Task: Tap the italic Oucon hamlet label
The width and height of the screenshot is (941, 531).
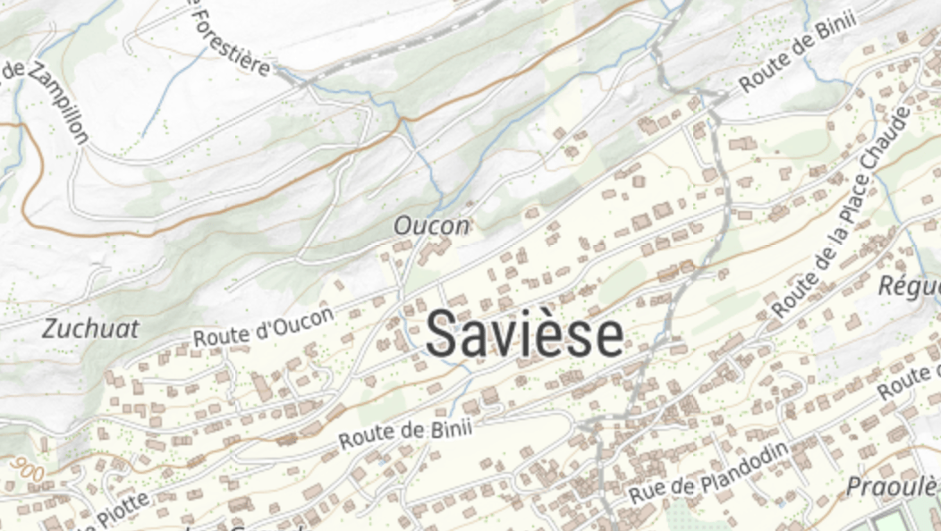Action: (x=432, y=226)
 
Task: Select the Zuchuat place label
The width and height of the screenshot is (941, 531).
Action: (x=90, y=329)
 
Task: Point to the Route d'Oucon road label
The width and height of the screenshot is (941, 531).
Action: (x=264, y=327)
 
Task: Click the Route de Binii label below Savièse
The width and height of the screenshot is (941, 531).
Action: (x=405, y=434)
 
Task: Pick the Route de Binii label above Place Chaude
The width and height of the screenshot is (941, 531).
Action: (x=798, y=52)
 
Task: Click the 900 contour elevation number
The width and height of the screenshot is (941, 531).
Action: (x=30, y=467)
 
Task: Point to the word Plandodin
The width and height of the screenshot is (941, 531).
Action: (x=746, y=461)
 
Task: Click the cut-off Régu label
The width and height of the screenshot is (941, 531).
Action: (x=909, y=287)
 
